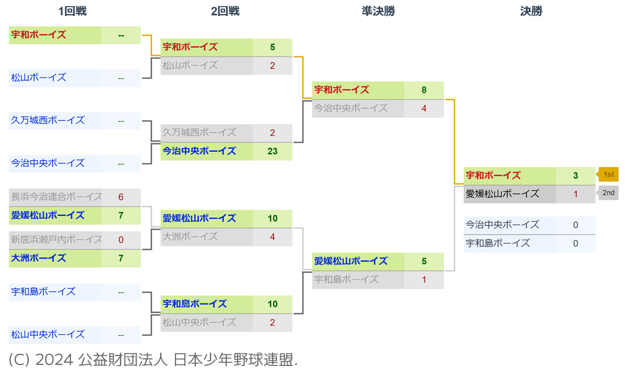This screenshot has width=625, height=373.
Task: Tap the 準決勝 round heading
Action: click(x=378, y=11)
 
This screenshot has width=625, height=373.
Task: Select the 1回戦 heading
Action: click(x=73, y=11)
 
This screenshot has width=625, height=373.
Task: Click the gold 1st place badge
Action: click(x=608, y=174)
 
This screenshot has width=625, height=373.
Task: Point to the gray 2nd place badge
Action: click(x=608, y=193)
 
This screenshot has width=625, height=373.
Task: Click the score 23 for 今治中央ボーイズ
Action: click(x=272, y=151)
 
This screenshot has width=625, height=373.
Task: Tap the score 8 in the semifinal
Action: click(x=424, y=90)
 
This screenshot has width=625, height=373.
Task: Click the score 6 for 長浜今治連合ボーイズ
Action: click(x=121, y=197)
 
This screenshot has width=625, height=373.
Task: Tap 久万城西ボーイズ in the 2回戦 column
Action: click(x=199, y=133)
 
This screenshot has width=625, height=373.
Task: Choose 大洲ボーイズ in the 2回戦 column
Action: click(x=190, y=236)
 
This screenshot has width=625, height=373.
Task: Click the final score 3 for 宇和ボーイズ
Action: click(x=576, y=176)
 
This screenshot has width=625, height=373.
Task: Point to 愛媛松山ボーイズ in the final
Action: click(x=503, y=194)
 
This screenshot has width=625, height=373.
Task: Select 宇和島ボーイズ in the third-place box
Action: click(x=498, y=243)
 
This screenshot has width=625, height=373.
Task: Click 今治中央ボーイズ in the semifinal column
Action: click(x=351, y=108)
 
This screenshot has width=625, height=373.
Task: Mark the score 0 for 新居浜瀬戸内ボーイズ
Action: click(x=121, y=240)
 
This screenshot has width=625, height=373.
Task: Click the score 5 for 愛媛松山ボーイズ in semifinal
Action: click(x=424, y=261)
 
